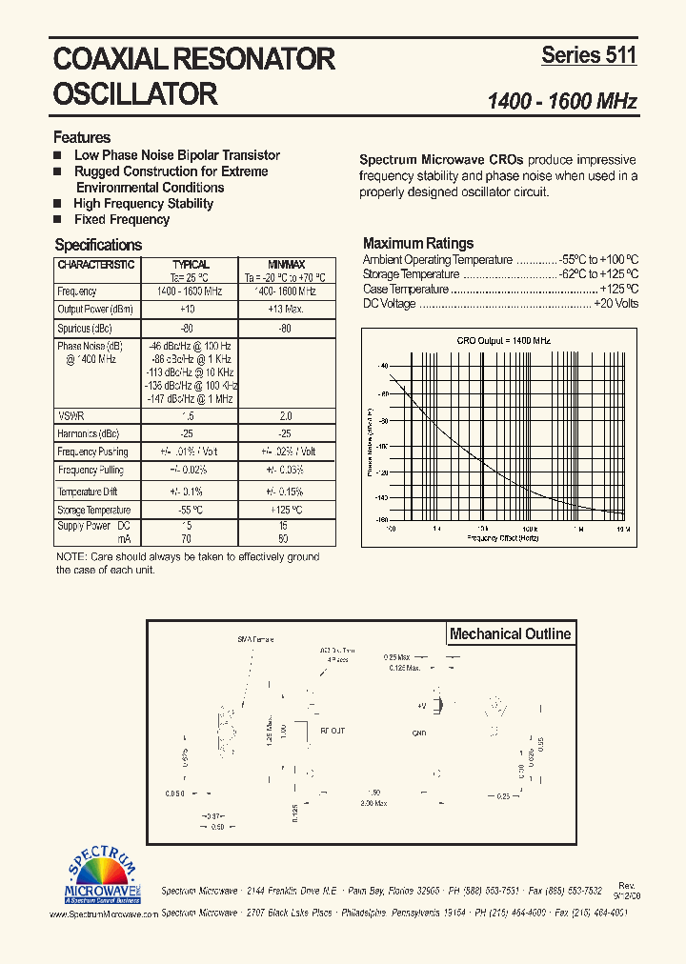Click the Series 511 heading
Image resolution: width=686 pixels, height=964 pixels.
(588, 55)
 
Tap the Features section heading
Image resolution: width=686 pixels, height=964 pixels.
(82, 137)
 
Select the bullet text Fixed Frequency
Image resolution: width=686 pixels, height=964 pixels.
(122, 219)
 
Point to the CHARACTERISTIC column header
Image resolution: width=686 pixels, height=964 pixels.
(96, 265)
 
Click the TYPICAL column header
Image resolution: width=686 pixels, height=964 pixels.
(191, 265)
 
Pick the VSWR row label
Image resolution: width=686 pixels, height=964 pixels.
(71, 415)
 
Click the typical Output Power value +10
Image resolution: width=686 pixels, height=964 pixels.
(187, 310)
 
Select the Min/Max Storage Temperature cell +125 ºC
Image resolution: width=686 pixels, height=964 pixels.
(285, 511)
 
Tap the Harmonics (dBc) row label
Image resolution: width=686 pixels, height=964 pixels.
(90, 433)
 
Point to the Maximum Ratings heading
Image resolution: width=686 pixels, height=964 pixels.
(418, 243)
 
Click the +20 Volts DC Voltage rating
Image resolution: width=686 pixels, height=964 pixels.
(615, 304)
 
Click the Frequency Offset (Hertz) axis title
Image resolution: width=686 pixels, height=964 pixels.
(504, 537)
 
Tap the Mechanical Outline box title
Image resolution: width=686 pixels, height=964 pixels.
(510, 633)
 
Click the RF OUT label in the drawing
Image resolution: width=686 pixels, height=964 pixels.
(333, 732)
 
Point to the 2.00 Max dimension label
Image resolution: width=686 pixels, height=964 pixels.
(373, 803)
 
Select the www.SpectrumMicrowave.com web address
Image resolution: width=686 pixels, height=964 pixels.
(104, 914)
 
